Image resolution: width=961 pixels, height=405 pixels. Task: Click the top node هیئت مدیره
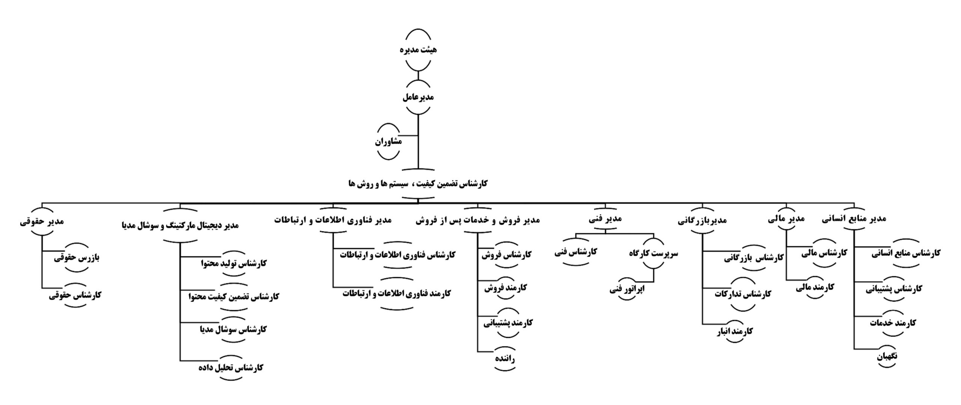[418, 50]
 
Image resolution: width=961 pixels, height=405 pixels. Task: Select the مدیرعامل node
[418, 97]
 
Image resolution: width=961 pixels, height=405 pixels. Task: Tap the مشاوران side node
[388, 142]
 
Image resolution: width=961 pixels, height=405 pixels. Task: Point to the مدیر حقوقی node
[42, 221]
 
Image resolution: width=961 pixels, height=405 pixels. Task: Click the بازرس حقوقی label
[77, 258]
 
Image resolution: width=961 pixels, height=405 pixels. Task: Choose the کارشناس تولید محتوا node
[233, 263]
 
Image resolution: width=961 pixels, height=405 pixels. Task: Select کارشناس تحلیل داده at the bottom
[231, 367]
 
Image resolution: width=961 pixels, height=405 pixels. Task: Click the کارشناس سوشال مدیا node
[233, 329]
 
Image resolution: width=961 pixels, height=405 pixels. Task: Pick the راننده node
[504, 359]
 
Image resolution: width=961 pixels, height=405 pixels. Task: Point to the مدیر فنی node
[605, 219]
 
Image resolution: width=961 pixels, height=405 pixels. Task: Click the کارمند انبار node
[734, 331]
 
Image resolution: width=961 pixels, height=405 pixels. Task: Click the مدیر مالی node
[786, 219]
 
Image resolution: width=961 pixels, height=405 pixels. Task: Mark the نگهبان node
[887, 356]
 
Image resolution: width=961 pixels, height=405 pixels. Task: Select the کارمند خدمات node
[893, 323]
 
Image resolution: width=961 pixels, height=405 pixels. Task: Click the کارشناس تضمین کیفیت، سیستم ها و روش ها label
[417, 184]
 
